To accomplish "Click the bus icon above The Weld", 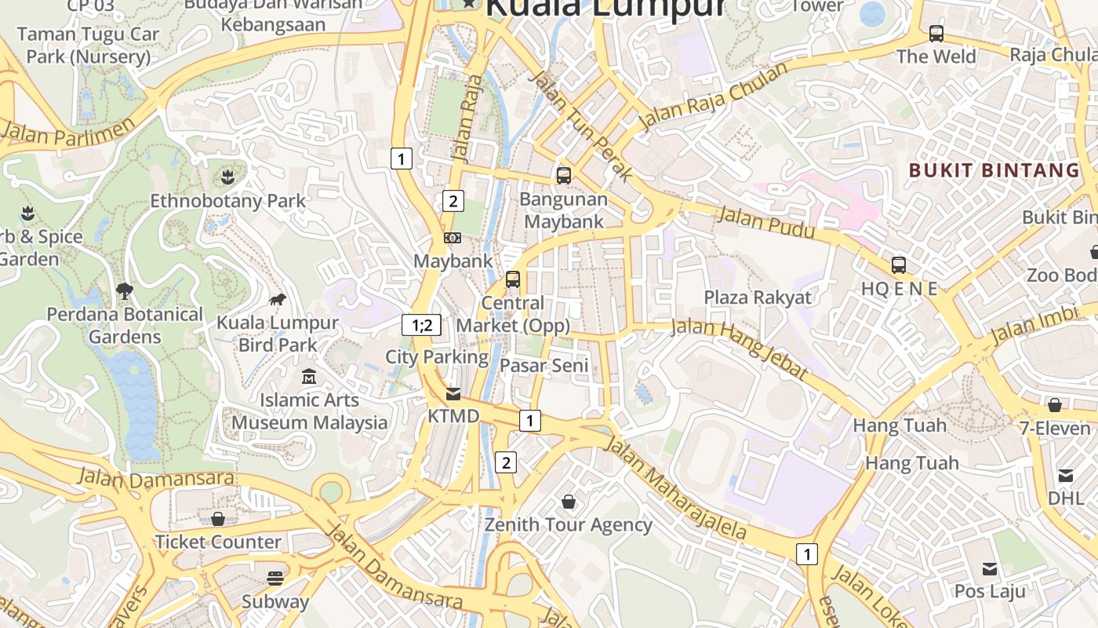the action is pyautogui.click(x=936, y=34).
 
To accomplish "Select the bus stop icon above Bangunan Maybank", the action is pyautogui.click(x=563, y=175).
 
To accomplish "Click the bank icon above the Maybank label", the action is pyautogui.click(x=452, y=237).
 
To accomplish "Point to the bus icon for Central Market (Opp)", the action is pyautogui.click(x=512, y=279).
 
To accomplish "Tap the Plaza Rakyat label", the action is pyautogui.click(x=757, y=298).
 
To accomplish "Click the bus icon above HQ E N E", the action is pyautogui.click(x=898, y=265).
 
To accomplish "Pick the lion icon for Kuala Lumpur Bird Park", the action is pyautogui.click(x=277, y=299).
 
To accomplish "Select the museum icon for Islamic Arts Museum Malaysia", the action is pyautogui.click(x=309, y=377).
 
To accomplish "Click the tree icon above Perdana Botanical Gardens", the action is pyautogui.click(x=124, y=291).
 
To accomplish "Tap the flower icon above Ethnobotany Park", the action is pyautogui.click(x=227, y=177).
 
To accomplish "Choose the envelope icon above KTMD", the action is pyautogui.click(x=453, y=393).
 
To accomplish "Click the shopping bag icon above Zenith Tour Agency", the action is pyautogui.click(x=569, y=501).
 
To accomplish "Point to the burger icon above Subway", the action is pyautogui.click(x=274, y=579).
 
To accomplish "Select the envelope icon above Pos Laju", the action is pyautogui.click(x=990, y=568).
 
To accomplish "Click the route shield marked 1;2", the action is pyautogui.click(x=421, y=324).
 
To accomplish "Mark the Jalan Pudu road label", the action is pyautogui.click(x=766, y=224).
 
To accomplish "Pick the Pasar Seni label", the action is pyautogui.click(x=544, y=365).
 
